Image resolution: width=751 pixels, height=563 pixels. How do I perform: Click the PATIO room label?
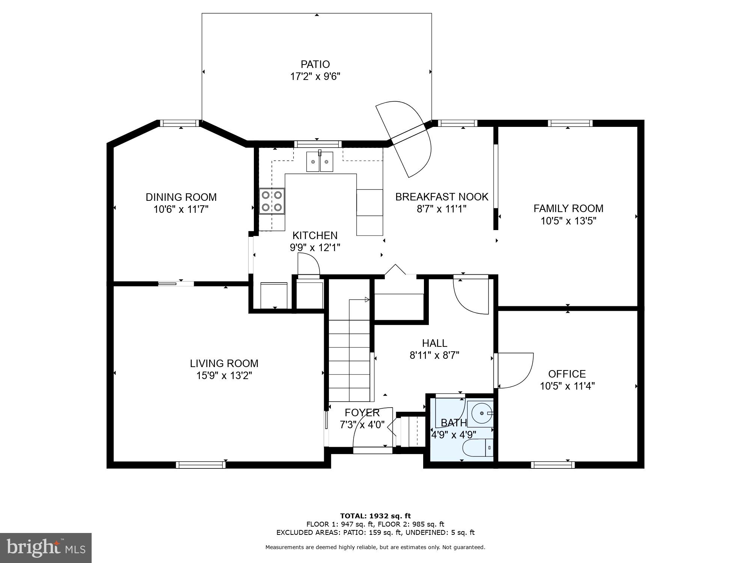[x=315, y=64]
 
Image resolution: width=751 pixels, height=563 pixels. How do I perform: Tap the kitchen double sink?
[x=320, y=162]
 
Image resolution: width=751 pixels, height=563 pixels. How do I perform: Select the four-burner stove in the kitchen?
[x=272, y=201]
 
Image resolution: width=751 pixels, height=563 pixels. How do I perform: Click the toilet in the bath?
[x=477, y=448]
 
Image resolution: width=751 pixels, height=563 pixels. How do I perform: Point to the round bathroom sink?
[x=482, y=413]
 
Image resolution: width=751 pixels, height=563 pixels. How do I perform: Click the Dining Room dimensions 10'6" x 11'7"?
[x=181, y=209]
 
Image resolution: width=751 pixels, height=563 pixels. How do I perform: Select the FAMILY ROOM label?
[x=568, y=208]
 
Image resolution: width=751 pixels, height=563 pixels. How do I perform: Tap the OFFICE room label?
[x=567, y=374]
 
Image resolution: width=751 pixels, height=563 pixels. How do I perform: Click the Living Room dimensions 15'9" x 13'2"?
[x=224, y=375]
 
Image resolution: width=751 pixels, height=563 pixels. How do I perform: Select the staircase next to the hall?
[x=350, y=357]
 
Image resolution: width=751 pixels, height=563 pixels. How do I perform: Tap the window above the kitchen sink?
[x=318, y=143]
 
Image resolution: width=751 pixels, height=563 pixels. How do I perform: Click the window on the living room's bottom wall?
[x=201, y=465]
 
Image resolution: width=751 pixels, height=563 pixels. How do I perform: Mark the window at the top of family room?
[x=570, y=123]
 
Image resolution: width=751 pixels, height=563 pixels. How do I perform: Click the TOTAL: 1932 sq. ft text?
[x=375, y=516]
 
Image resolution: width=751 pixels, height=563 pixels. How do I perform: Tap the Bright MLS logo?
[x=46, y=548]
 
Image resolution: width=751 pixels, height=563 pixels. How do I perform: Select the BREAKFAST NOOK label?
[x=442, y=197]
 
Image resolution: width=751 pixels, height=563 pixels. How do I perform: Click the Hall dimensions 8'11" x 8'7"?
[x=434, y=355]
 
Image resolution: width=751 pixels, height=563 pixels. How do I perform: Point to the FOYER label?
[x=362, y=412]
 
